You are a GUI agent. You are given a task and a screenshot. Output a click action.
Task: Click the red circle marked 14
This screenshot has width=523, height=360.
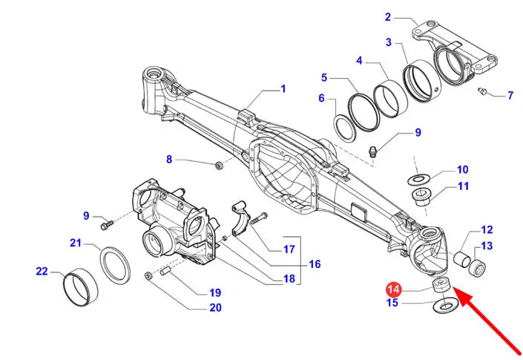click(393, 288)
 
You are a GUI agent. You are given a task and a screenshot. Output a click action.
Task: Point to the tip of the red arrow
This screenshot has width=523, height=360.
click(455, 291)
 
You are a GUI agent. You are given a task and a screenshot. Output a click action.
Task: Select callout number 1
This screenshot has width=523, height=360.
click(283, 89)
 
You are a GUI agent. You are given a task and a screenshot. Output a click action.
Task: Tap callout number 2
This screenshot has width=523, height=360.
click(387, 17)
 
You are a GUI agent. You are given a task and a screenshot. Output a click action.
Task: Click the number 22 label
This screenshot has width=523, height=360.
click(42, 271)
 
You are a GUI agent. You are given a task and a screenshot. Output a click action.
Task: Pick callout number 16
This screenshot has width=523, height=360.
click(315, 264)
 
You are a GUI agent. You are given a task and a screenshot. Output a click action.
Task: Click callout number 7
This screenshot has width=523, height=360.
click(510, 95)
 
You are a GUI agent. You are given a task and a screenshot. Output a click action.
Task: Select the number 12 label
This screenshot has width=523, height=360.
click(487, 230)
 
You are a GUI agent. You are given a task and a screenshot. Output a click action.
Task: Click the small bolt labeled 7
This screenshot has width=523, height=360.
click(481, 91)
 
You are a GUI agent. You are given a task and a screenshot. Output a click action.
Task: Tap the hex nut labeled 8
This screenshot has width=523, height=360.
click(218, 165)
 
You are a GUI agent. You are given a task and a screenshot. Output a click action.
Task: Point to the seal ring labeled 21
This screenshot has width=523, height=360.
click(115, 264)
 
